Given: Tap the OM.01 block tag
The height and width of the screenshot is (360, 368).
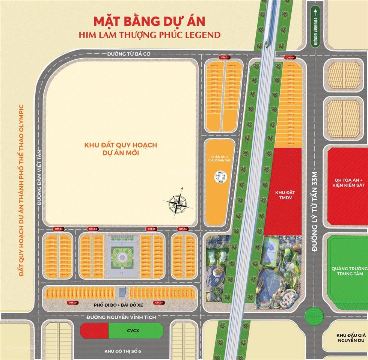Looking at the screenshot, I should pyautogui.click(x=224, y=57).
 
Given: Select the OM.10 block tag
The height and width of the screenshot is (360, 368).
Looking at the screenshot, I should pyautogui.click(x=290, y=57).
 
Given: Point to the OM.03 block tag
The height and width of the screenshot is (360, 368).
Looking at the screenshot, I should pyautogui.click(x=59, y=229).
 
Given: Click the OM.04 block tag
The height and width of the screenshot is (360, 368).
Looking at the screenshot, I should pyautogui.click(x=93, y=229).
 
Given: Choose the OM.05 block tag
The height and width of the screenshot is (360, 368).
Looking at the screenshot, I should pyautogui.click(x=152, y=229).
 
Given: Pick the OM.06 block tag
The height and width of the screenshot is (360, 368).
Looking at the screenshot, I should pyautogui.click(x=183, y=229).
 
